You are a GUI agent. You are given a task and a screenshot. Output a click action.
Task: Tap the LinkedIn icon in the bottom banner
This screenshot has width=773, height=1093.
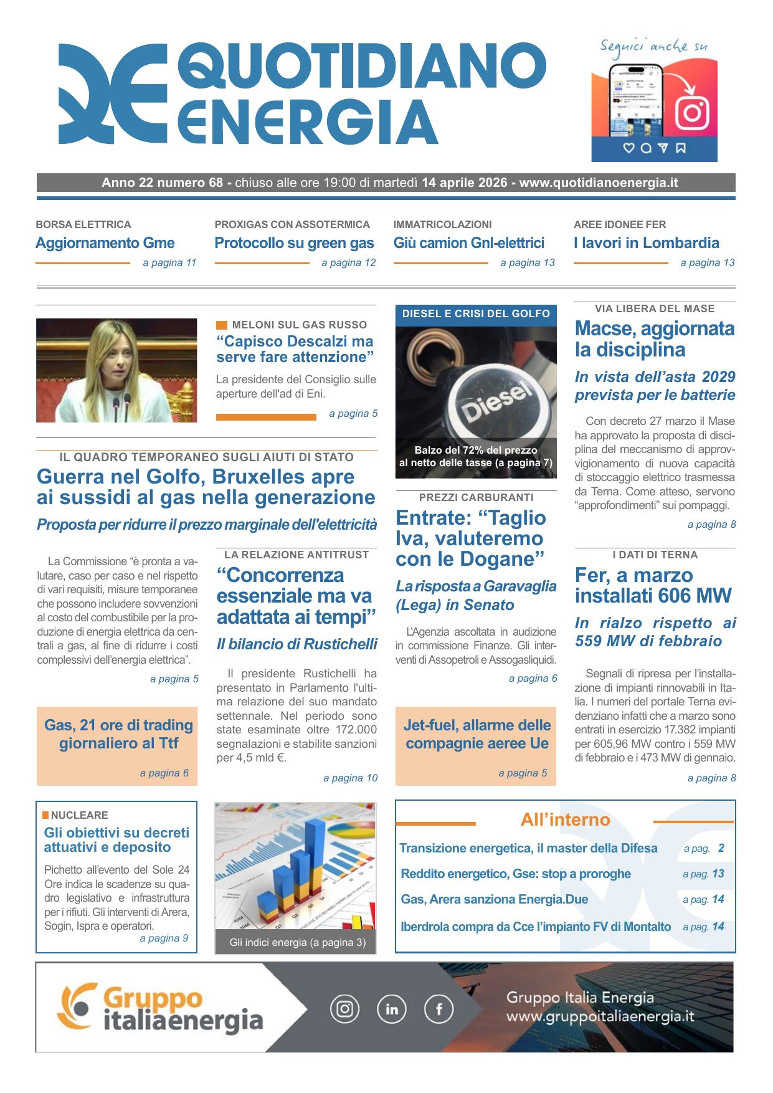[392, 1008]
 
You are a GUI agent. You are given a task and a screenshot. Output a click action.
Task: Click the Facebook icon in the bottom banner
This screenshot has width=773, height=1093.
[439, 1008]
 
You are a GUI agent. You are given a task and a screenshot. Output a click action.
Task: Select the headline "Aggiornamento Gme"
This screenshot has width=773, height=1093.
[105, 243]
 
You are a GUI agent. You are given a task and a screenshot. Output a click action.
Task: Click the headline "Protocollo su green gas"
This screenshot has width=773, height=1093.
[294, 243]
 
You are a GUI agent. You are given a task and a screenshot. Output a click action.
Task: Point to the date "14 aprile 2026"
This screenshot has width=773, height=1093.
[465, 183]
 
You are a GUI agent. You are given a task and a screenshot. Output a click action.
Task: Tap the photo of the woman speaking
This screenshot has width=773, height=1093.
[116, 370]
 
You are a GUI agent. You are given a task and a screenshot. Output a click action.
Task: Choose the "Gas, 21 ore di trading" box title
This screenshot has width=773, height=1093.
[118, 733]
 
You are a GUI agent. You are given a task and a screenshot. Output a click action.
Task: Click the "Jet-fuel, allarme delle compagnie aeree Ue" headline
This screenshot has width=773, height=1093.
[477, 733]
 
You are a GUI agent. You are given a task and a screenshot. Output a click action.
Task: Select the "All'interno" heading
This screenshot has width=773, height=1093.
[565, 819]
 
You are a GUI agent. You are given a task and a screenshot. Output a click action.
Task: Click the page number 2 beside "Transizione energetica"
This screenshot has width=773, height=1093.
[721, 848]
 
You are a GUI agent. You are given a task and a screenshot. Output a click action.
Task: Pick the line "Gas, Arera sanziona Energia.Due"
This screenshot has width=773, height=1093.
[495, 899]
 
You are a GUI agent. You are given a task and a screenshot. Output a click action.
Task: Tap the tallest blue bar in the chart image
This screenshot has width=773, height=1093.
[316, 860]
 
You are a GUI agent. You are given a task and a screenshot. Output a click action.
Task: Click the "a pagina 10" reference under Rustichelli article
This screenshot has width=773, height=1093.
[350, 778]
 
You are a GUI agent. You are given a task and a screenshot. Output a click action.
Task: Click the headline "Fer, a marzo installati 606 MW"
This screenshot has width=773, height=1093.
[653, 585]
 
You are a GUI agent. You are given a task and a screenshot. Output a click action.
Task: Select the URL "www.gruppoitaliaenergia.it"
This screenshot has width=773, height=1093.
[600, 1017]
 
